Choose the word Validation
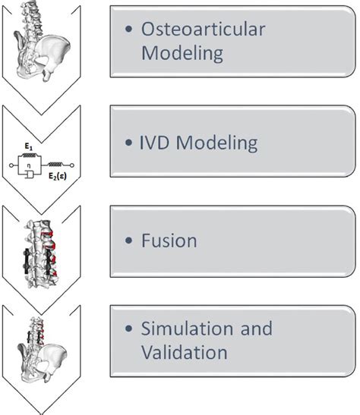click(185, 352)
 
